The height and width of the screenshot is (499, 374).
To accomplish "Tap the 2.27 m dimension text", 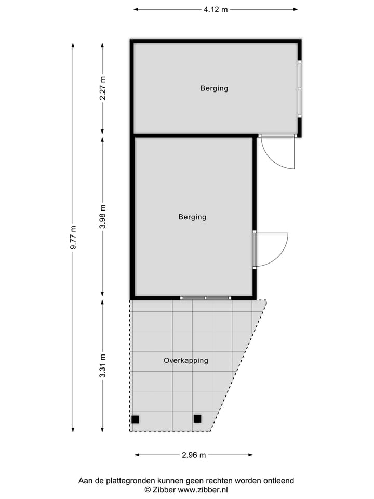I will [103, 88].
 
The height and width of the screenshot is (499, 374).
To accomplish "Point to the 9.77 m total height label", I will [74, 238].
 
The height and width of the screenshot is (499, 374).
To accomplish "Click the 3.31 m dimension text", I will [103, 365].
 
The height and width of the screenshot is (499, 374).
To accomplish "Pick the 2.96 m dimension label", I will [194, 455].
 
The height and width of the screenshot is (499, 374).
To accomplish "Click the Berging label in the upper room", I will [214, 88].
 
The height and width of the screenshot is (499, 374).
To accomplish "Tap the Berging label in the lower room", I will [192, 217].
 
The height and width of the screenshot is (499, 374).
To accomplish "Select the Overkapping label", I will [186, 360].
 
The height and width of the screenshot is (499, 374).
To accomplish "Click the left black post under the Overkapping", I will [135, 419].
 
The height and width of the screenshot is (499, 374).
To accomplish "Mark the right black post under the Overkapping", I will [197, 418].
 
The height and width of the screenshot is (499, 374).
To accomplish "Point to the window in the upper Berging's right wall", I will [299, 89].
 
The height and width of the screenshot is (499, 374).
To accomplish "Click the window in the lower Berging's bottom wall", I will [206, 298].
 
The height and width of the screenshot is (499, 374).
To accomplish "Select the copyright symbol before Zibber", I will [148, 490].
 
